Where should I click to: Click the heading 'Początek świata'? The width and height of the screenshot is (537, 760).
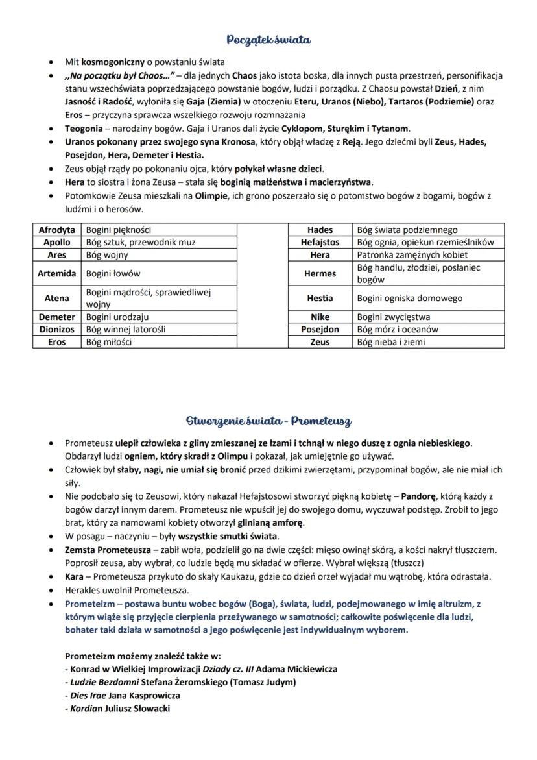click(x=268, y=40)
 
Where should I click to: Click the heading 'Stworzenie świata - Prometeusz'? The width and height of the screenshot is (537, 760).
click(x=268, y=421)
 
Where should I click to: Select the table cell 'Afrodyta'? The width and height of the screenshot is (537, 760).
click(x=57, y=230)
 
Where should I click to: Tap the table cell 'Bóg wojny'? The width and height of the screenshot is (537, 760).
click(x=107, y=255)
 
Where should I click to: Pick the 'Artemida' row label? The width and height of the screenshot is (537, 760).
click(x=57, y=274)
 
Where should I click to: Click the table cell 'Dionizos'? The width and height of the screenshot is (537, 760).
click(x=57, y=329)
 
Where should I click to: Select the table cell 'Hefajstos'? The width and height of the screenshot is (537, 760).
click(x=320, y=242)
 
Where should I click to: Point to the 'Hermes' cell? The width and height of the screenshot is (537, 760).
click(x=320, y=274)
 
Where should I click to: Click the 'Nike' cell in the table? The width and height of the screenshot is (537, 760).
click(x=320, y=317)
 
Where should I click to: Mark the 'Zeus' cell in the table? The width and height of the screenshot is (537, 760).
click(x=320, y=342)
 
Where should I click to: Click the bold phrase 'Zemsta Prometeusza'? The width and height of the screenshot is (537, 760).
click(x=104, y=550)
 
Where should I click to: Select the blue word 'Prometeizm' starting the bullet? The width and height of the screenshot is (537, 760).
click(x=89, y=604)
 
